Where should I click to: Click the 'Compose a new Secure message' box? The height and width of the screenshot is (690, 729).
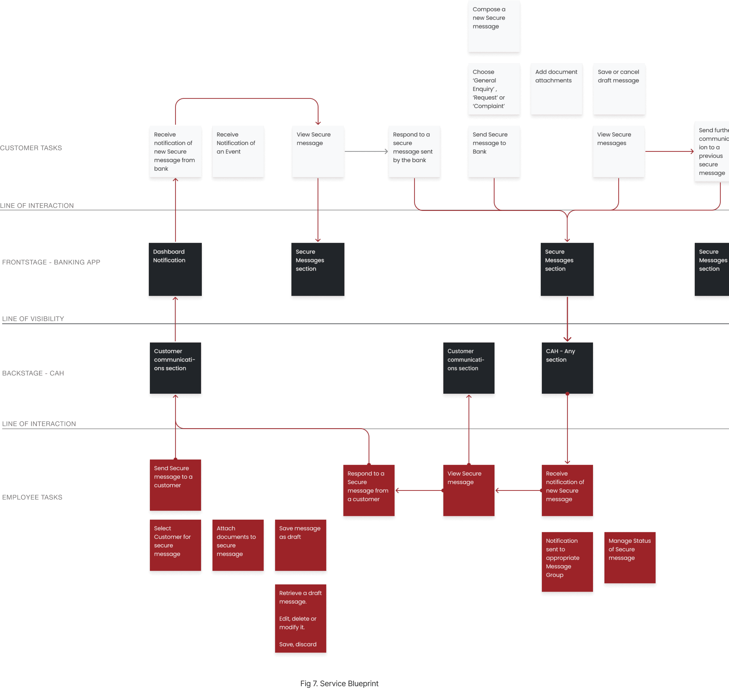[x=494, y=26]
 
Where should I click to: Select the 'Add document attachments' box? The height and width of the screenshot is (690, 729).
[x=556, y=89]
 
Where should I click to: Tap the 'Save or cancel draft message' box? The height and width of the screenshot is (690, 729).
[x=619, y=89]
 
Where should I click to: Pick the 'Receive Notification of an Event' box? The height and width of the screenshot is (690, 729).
[x=238, y=152]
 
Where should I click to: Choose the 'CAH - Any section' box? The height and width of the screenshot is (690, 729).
[x=567, y=369]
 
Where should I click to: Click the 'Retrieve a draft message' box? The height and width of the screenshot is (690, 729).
[x=300, y=619]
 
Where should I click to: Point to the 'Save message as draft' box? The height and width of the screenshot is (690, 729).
[x=300, y=546]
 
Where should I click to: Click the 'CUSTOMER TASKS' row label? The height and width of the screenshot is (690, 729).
[x=31, y=148]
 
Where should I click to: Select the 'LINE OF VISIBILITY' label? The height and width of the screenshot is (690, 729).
[x=33, y=319]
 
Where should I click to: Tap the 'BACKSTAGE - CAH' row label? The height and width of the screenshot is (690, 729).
[x=33, y=373]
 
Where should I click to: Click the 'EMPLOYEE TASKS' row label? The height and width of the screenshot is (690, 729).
[x=32, y=497]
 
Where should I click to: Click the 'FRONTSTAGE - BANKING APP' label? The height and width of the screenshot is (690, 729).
[x=51, y=262]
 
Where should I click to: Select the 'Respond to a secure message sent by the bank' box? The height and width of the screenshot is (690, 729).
[x=414, y=152]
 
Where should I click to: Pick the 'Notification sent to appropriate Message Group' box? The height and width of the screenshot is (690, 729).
[x=567, y=562]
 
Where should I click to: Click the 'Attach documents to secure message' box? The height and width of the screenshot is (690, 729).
[x=238, y=546]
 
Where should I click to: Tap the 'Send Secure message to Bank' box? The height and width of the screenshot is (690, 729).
[x=494, y=152]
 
